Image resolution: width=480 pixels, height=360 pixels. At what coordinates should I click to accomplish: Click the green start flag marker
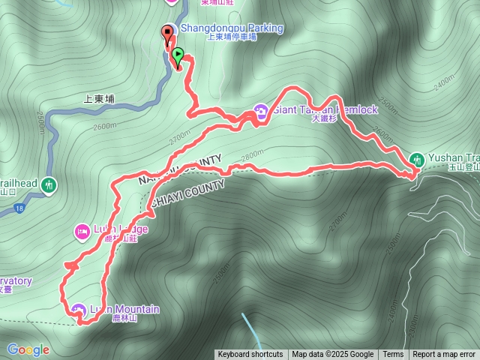tap(177, 55)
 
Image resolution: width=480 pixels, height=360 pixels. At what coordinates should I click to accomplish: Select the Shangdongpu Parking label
tap(232, 28)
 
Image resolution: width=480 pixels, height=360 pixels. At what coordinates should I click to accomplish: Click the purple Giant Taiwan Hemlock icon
tap(261, 110)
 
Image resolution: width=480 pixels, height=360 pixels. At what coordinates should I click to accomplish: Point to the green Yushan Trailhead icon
tap(417, 159)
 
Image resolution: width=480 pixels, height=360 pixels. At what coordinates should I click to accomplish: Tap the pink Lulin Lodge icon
tap(82, 230)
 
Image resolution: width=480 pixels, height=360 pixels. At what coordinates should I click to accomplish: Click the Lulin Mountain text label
tap(125, 309)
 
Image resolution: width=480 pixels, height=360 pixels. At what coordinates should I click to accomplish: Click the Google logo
tap(28, 349)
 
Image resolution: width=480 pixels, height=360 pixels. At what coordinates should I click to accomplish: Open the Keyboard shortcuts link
tap(250, 355)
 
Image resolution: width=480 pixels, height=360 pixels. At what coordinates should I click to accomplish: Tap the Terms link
tap(393, 355)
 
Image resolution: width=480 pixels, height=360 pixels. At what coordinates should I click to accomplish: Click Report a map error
tap(444, 355)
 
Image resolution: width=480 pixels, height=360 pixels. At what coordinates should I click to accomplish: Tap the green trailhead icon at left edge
tap(49, 184)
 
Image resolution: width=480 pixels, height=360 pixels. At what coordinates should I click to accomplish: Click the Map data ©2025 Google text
tap(333, 355)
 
